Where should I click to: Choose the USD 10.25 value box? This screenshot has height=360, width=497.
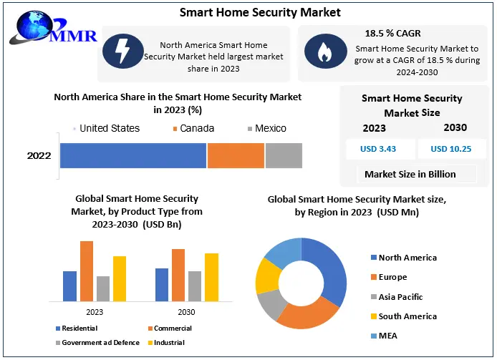pyautogui.click(x=450, y=149)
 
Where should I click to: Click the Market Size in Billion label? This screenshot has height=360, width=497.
pyautogui.click(x=410, y=174)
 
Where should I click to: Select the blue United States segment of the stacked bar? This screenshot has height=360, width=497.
pyautogui.click(x=133, y=155)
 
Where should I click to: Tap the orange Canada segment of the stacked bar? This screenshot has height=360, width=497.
pyautogui.click(x=236, y=155)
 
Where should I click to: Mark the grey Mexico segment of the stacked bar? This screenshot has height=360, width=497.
pyautogui.click(x=284, y=155)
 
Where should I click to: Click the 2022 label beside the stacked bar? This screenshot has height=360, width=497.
pyautogui.click(x=39, y=155)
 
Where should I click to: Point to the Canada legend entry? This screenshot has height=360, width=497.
pyautogui.click(x=193, y=128)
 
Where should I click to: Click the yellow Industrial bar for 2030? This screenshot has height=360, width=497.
pyautogui.click(x=211, y=277)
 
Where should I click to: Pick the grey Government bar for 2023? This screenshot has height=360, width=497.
pyautogui.click(x=103, y=288)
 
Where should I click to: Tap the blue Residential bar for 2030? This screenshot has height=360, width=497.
pyautogui.click(x=162, y=285)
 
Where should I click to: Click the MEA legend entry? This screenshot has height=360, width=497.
pyautogui.click(x=388, y=336)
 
